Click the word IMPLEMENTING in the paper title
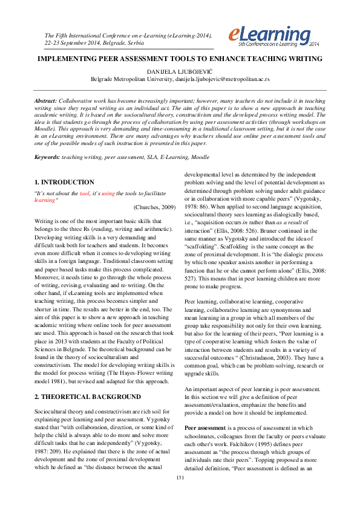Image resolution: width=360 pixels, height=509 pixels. (68, 59)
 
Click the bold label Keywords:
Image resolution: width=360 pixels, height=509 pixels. (47, 157)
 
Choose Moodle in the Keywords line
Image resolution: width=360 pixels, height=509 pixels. (201, 157)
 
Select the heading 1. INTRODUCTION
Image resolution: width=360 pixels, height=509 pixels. (64, 182)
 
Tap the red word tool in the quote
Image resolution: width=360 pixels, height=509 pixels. (85, 193)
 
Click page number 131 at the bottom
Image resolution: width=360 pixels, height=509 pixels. (180, 495)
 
